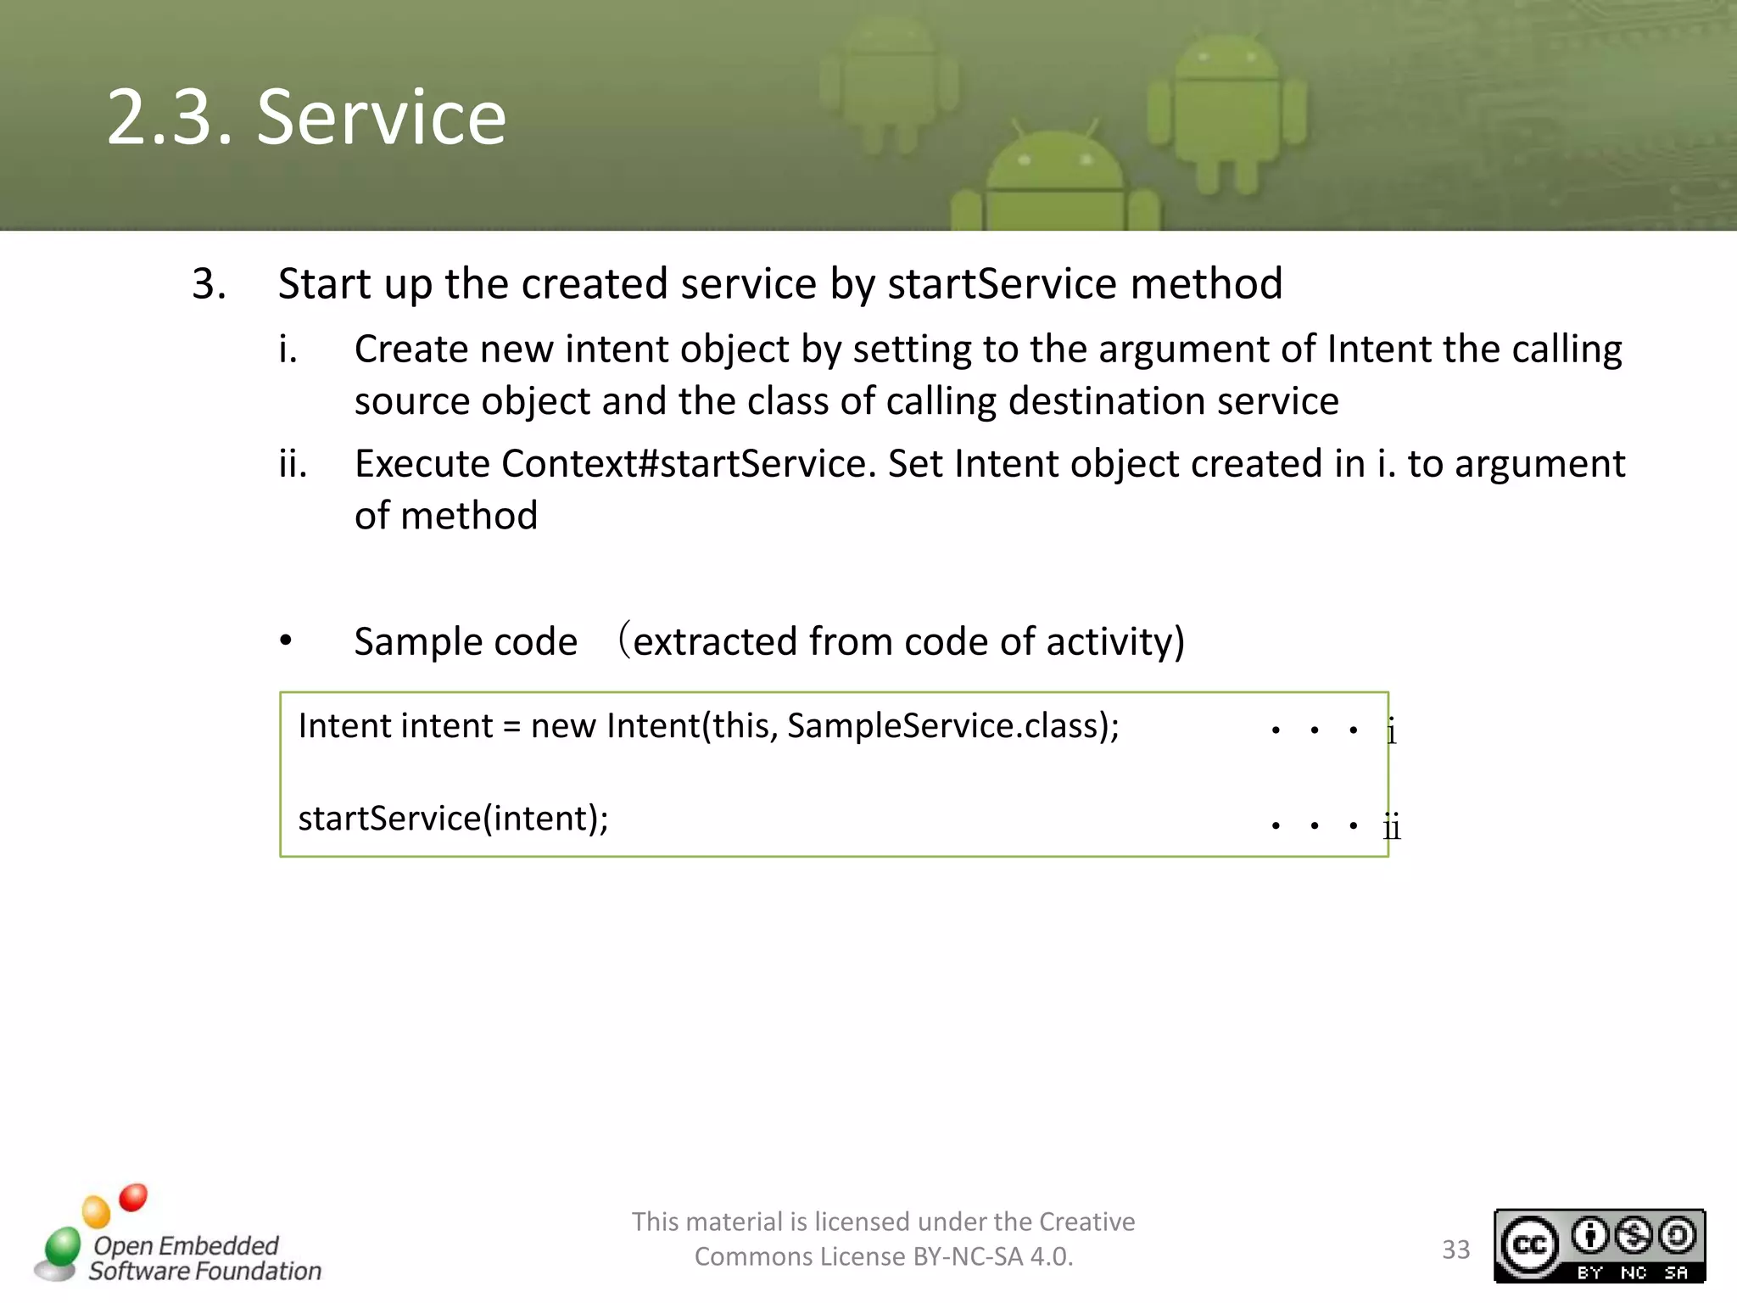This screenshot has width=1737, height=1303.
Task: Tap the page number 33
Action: (x=1455, y=1250)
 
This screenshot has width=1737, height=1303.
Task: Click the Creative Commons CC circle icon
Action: (x=1529, y=1244)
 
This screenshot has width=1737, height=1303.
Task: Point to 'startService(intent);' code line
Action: (x=453, y=819)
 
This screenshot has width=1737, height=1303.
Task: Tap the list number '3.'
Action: (x=209, y=283)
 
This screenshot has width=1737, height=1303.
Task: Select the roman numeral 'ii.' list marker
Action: (x=293, y=464)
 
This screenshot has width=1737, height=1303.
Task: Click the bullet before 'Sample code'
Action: (x=286, y=641)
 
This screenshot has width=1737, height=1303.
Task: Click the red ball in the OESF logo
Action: (x=133, y=1197)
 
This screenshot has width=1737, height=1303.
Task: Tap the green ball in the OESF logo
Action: (x=63, y=1247)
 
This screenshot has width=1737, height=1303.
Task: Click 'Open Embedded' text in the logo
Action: (x=186, y=1244)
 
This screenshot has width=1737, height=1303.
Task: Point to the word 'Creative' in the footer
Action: (x=1086, y=1222)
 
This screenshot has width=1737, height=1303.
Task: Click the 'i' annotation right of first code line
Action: (x=1391, y=731)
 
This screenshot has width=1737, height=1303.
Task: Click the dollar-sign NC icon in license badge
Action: (x=1634, y=1235)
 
